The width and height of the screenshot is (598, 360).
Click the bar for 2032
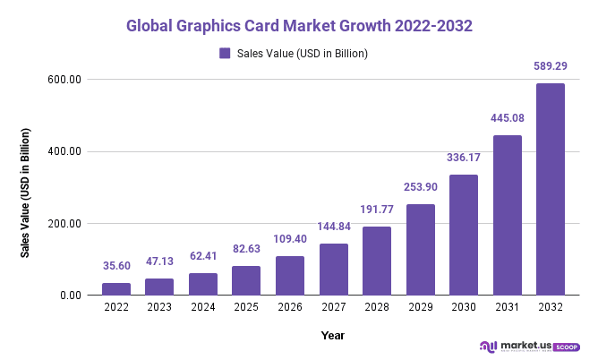pos(550,189)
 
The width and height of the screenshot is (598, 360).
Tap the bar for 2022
pos(115,289)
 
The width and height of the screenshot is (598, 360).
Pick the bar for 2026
pos(289,276)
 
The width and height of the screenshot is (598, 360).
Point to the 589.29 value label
pos(550,66)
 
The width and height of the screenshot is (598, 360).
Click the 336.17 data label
pos(463,158)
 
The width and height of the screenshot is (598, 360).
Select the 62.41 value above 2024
pos(202,256)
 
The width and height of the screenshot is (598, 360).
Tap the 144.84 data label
pos(333,227)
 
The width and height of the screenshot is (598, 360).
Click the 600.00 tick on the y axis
pos(65,80)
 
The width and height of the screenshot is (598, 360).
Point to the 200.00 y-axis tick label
pos(65,224)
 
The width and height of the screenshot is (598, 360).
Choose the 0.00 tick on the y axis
pos(70,296)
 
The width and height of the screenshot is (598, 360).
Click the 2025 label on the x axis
pos(246,308)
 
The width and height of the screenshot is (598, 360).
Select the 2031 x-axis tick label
pos(507,308)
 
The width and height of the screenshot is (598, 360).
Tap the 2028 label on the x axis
pos(376,308)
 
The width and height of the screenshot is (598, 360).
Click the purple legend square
pos(225,54)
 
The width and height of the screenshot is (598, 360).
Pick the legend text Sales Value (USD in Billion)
pos(303,54)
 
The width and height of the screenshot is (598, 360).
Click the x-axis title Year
pos(332,335)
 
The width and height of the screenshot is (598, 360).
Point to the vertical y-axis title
pos(26,193)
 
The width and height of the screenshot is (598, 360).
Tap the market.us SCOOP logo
pos(530,346)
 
